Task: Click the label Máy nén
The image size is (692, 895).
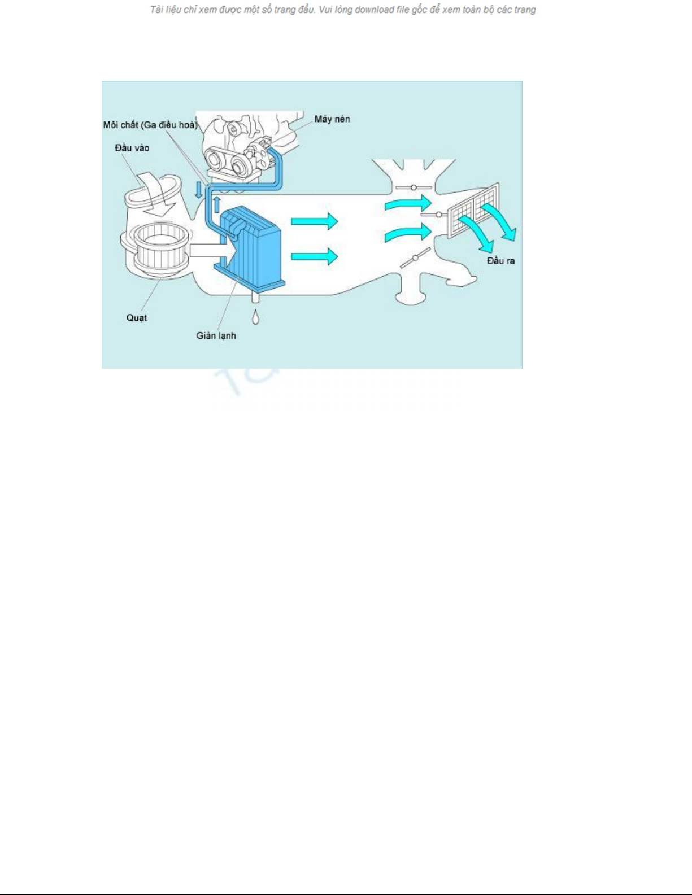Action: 332,119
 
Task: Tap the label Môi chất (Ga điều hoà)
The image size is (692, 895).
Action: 150,125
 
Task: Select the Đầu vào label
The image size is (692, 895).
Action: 132,148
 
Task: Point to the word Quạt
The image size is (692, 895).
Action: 136,318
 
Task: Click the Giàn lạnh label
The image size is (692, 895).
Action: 216,335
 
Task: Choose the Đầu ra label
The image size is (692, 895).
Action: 500,261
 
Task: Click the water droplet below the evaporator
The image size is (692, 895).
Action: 256,317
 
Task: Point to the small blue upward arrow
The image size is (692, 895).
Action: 217,205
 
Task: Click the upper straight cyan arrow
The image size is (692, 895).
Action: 315,221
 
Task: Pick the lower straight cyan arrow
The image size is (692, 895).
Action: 315,256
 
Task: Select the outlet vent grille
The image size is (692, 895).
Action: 473,211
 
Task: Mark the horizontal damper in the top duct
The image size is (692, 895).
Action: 414,188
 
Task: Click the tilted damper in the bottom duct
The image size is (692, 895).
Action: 415,258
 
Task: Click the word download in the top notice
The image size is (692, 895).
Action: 373,10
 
